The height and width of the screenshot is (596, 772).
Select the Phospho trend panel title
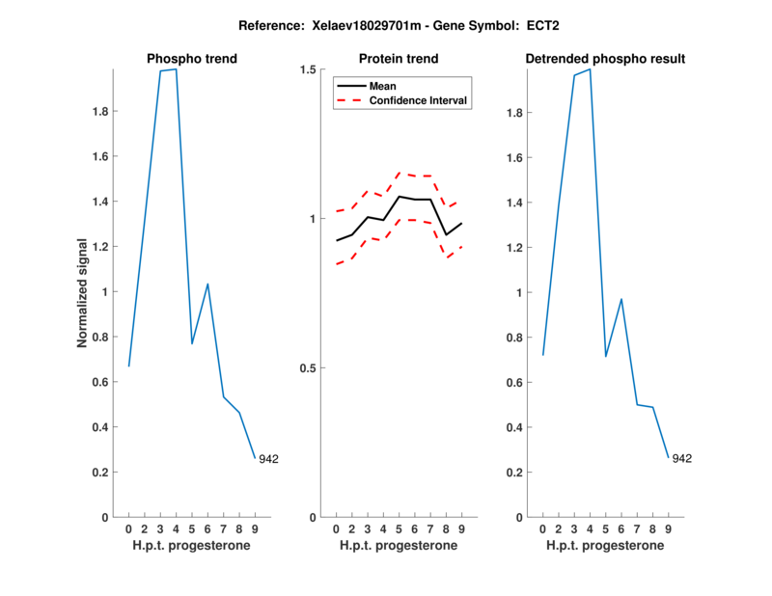(192, 59)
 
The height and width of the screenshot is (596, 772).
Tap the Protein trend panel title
(399, 59)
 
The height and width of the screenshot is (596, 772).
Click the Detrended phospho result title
(605, 59)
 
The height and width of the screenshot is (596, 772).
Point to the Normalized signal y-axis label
(83, 293)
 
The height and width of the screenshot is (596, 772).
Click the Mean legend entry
(383, 86)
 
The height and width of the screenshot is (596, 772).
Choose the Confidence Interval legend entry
(419, 99)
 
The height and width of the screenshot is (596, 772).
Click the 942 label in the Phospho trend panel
(268, 459)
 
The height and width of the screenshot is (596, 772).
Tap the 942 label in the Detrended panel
(682, 459)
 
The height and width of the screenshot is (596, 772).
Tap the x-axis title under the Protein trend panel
(399, 546)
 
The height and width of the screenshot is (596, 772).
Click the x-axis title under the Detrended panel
(605, 546)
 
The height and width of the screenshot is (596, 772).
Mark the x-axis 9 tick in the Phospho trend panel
(255, 529)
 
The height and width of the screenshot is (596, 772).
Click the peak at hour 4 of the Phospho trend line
(176, 69)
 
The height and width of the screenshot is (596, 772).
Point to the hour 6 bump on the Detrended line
(621, 299)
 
